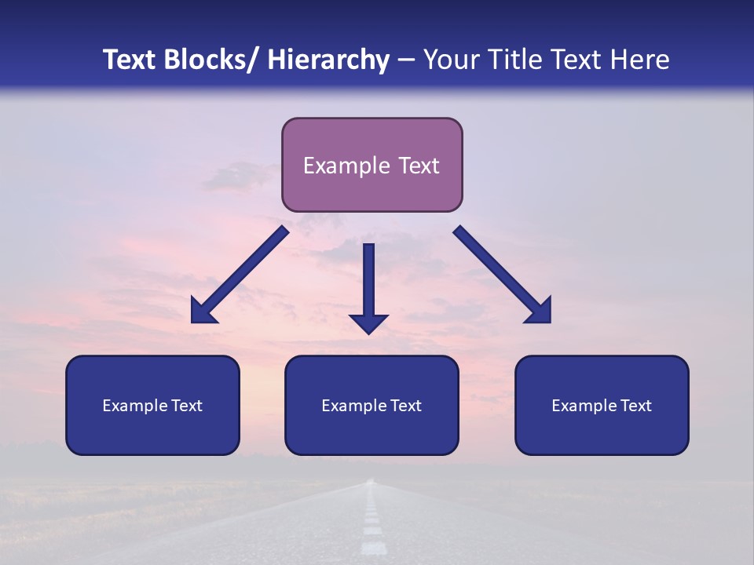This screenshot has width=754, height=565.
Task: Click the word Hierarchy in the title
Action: point(328,60)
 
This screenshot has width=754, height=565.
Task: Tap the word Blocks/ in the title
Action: point(212,60)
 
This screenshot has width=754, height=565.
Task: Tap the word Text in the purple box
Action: point(419,166)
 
